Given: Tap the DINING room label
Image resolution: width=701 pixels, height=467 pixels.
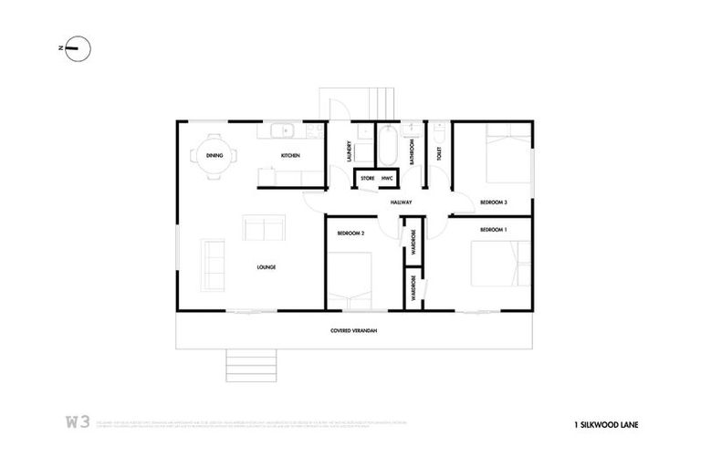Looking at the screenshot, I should pos(214,156).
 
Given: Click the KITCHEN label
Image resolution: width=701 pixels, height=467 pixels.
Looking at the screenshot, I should pos(290,156).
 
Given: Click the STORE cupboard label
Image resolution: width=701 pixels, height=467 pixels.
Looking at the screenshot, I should pos(367,178).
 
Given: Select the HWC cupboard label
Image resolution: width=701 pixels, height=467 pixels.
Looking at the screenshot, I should pos(387,178).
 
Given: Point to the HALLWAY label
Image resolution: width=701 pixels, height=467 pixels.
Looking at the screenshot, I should pos(402,202).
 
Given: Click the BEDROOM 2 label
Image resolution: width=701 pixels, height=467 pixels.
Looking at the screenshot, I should pos(350,233).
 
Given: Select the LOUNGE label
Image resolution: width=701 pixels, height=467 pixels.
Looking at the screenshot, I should pos(267,267).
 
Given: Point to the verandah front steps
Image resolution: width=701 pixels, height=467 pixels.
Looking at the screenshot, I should pos(244,367).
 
